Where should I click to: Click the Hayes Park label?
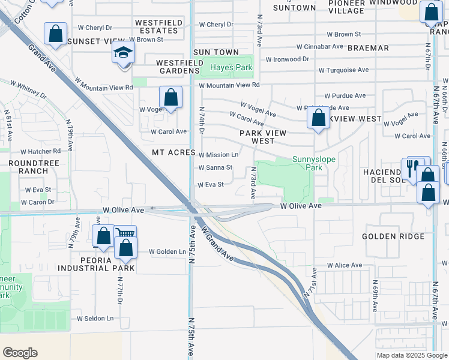tap(231, 68)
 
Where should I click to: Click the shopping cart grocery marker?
tap(125, 234)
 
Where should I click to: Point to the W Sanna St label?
tap(215, 167)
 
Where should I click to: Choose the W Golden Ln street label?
tap(167, 251)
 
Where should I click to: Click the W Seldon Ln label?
tap(95, 318)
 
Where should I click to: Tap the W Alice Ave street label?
tap(345, 265)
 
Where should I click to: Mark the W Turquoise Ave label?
tap(343, 70)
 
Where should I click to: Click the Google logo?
tap(20, 353)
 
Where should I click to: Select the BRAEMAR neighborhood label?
tap(368, 47)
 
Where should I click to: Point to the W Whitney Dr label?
tap(29, 90)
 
